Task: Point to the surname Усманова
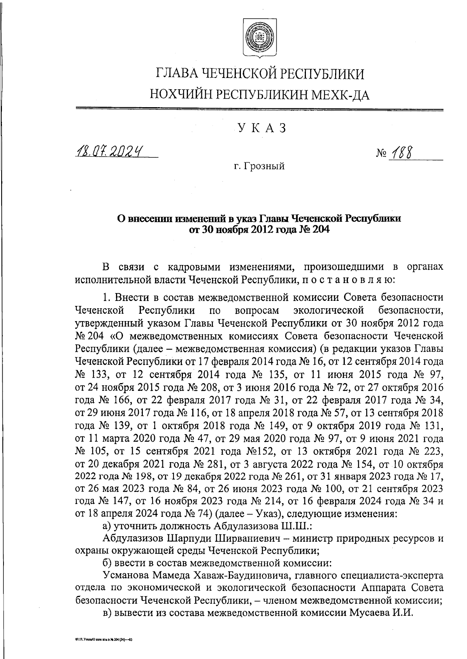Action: [x=127, y=575]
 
